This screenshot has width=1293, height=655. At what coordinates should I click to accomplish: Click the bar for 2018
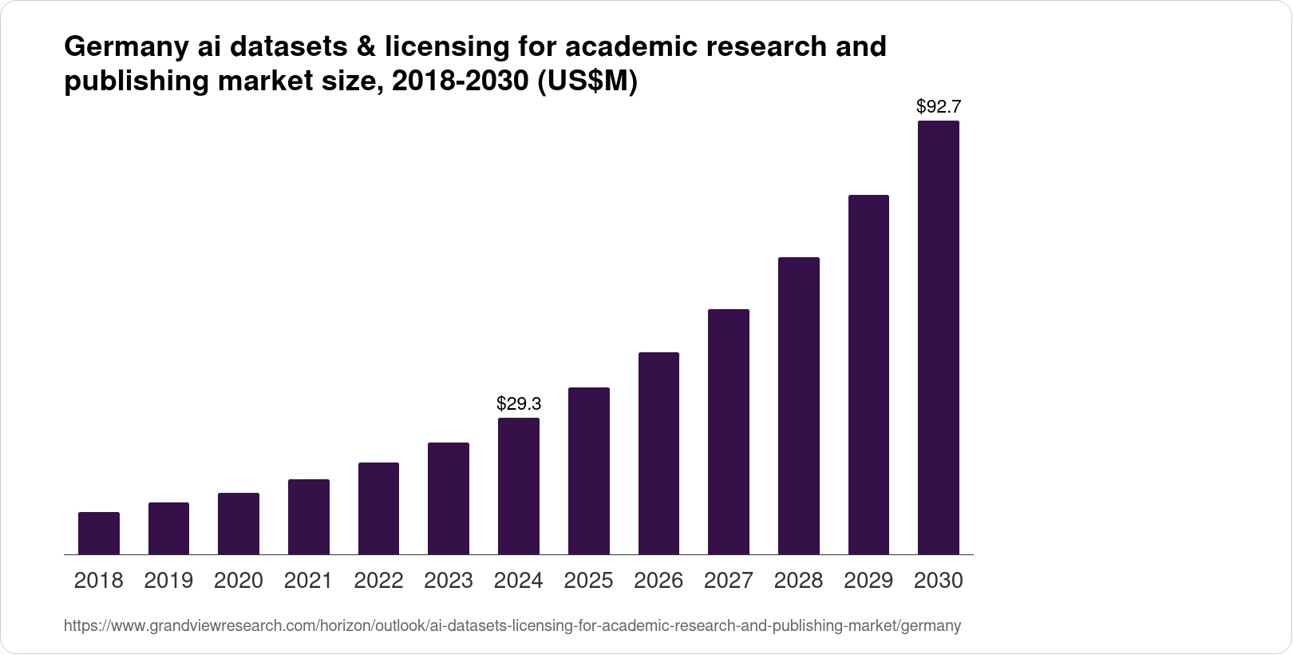point(99,533)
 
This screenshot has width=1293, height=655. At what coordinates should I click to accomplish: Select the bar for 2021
point(309,517)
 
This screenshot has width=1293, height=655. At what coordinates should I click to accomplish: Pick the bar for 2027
point(729,431)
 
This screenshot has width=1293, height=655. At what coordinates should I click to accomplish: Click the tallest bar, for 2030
point(939,337)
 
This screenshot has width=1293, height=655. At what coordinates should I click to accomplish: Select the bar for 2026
point(658,453)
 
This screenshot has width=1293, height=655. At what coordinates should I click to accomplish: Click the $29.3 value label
point(519,403)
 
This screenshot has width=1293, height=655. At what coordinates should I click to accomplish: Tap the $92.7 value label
point(939,106)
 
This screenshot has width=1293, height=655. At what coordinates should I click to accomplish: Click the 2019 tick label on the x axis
point(168,581)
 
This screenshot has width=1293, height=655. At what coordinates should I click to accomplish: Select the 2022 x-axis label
point(378,581)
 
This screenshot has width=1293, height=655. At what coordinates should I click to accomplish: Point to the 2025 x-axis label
point(588,581)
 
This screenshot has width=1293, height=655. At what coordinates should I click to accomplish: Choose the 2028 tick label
point(798,581)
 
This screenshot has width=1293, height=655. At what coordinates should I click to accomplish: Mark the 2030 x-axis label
point(939,581)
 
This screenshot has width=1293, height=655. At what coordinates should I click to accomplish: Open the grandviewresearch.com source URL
point(512,626)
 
